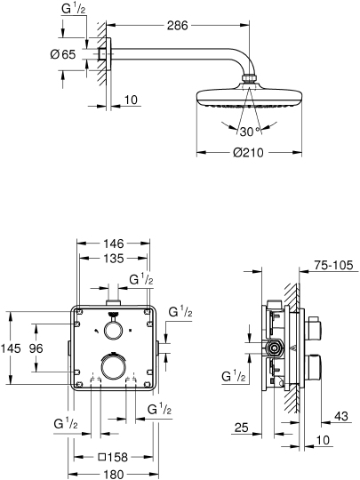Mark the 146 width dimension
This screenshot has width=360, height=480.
point(111,243)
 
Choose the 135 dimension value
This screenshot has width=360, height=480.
point(111,260)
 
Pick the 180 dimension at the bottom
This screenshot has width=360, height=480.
point(112,475)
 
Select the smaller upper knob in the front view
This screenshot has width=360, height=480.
point(113,330)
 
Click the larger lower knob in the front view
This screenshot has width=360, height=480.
point(114,366)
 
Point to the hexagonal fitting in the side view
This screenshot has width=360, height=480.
point(276,348)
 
